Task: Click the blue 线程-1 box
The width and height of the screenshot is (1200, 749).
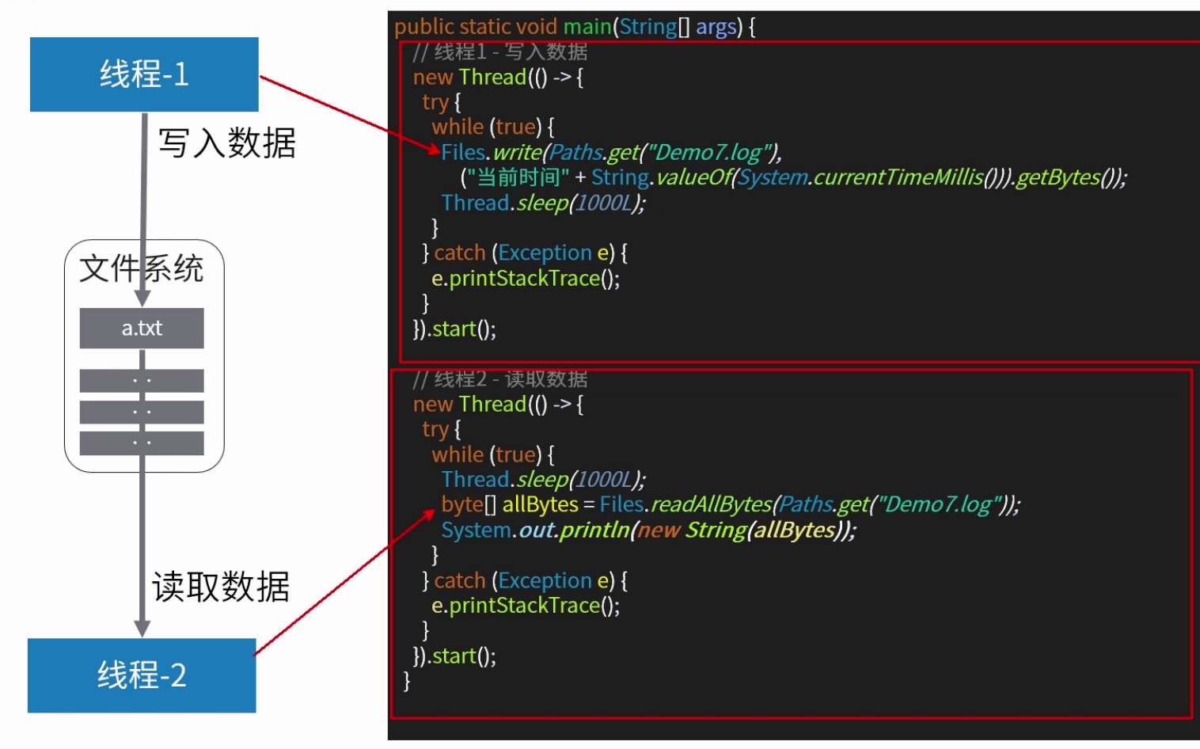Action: point(144,74)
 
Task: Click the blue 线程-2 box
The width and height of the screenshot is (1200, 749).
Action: point(142,675)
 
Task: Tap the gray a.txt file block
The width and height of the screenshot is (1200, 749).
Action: point(142,328)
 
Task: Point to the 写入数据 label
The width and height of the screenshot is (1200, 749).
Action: point(227,143)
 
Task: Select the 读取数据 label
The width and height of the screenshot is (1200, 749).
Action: point(221,587)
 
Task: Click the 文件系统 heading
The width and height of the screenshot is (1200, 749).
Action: point(142,268)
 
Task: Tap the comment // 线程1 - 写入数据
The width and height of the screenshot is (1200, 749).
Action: point(500,52)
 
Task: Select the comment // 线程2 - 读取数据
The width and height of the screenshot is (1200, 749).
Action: point(500,379)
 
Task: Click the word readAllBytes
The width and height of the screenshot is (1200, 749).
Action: point(710,504)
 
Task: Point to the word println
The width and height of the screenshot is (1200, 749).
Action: point(594,530)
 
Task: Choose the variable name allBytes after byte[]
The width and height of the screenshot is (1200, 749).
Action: point(540,504)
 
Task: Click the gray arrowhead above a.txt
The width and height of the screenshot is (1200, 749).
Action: point(142,298)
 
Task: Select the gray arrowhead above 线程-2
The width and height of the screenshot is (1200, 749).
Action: point(142,629)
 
